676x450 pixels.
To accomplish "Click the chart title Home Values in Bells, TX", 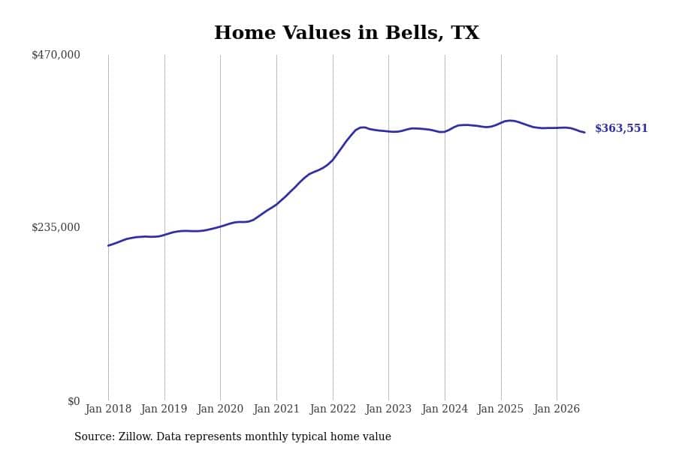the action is click(346, 33).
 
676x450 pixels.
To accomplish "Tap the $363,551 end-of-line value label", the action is click(621, 128).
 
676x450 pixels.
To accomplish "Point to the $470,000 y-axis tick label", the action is click(56, 55).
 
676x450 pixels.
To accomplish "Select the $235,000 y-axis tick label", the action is click(56, 227).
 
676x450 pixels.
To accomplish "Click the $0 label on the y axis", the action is click(74, 401).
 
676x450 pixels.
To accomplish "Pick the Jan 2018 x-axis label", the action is click(108, 409).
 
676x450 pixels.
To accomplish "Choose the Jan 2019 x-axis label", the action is click(164, 409).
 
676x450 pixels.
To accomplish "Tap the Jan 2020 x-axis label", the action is click(220, 409).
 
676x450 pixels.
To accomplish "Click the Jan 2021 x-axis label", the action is click(276, 409).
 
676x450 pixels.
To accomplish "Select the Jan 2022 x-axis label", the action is click(333, 409).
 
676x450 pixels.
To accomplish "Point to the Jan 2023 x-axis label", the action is click(388, 409).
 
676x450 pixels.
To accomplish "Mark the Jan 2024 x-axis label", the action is click(445, 409).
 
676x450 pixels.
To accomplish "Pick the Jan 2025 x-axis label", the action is click(500, 409).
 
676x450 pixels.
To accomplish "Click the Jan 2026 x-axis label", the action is click(557, 409).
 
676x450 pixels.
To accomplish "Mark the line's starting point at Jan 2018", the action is click(108, 245).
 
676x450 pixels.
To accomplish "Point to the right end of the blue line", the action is click(584, 132).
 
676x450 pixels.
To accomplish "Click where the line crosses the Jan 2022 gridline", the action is click(333, 160).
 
